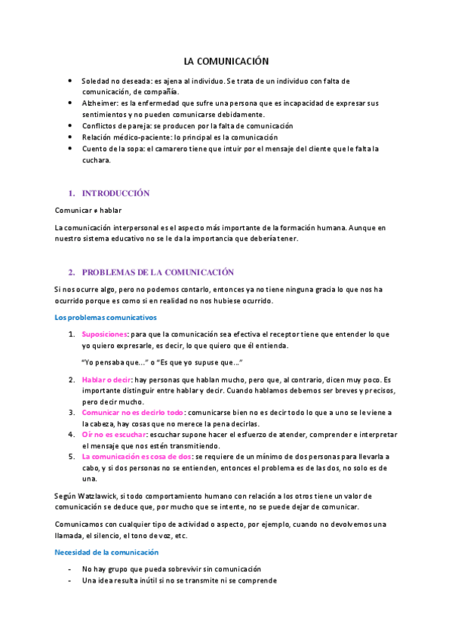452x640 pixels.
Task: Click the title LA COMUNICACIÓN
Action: [226, 61]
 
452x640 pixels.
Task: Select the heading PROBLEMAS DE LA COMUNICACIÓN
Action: [158, 272]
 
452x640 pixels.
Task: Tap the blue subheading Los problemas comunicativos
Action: [105, 317]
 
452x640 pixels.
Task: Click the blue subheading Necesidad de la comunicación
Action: [106, 552]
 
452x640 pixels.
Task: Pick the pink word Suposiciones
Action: [104, 334]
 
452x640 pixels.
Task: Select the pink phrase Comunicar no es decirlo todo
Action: [133, 413]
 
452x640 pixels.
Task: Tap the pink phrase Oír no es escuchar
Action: [114, 435]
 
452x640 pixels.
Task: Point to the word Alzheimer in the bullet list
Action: [99, 103]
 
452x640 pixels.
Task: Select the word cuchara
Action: [96, 160]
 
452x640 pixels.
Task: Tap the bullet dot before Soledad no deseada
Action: [70, 80]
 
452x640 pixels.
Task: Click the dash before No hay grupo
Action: [69, 568]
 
